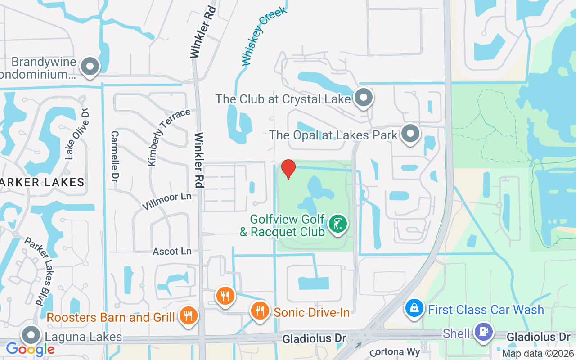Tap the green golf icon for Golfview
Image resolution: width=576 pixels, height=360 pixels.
(x=338, y=224)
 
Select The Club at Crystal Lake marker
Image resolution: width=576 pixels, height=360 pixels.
(x=364, y=98)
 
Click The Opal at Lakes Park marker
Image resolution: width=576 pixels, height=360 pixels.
(x=410, y=134)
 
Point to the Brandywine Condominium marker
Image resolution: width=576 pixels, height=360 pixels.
(x=90, y=66)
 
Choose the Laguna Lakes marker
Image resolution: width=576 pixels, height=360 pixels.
(x=31, y=335)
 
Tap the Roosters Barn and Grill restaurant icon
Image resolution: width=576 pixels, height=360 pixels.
(x=188, y=316)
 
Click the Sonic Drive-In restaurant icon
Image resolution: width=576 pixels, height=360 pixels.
(x=259, y=310)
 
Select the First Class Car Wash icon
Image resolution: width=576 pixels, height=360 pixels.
(x=414, y=308)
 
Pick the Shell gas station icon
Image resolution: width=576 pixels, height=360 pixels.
(x=483, y=332)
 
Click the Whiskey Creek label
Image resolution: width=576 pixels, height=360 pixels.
(x=264, y=37)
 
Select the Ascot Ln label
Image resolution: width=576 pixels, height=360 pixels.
(x=172, y=251)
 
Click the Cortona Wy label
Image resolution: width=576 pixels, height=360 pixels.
(x=395, y=352)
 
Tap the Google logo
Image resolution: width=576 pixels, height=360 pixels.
(x=30, y=349)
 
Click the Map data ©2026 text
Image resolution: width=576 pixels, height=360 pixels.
(x=538, y=353)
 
